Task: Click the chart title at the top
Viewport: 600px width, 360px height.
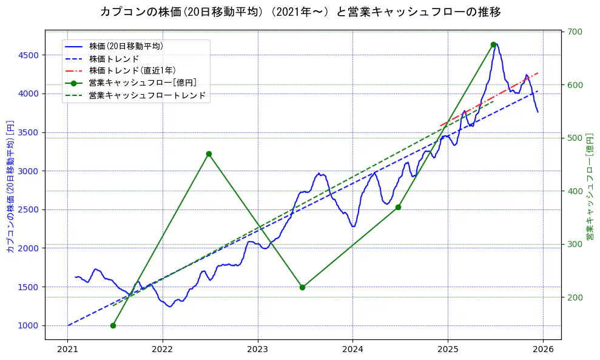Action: [x=300, y=12]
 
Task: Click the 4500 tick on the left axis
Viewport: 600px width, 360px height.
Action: [x=29, y=55]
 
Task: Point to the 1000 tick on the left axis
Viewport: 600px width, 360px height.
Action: [x=29, y=325]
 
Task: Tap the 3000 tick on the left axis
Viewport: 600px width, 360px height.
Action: [x=29, y=171]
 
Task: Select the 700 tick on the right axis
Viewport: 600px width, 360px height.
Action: [x=574, y=32]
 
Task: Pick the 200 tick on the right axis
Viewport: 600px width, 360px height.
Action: [x=574, y=297]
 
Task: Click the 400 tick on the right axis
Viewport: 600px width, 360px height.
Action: [x=574, y=191]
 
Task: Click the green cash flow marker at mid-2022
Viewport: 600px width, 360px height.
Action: [x=209, y=154]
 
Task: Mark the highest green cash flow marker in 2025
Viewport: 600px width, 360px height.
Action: [x=493, y=44]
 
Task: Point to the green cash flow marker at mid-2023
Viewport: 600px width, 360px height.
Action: [x=302, y=287]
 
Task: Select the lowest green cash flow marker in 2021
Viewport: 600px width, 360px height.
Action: [x=113, y=325]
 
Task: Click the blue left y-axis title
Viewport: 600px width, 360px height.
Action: [x=10, y=186]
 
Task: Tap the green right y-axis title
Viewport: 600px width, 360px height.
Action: [x=590, y=186]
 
